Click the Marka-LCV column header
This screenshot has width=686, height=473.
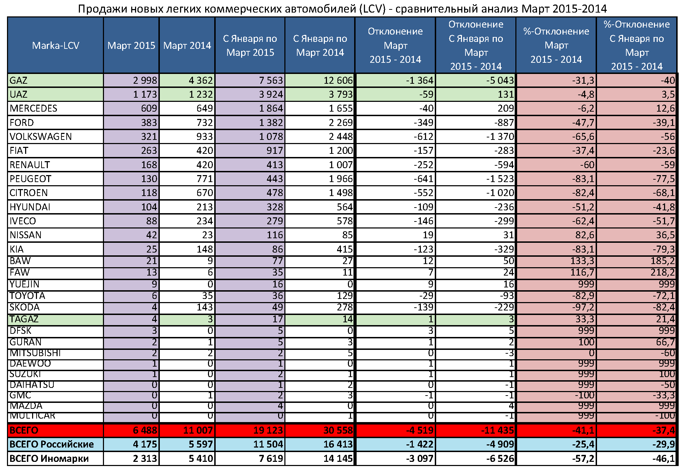(55, 45)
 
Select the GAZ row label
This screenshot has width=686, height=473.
(18, 81)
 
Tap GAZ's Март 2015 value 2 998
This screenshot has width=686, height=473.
(145, 81)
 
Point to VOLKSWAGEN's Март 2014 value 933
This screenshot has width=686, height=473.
(204, 137)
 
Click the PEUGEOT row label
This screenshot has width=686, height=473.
(30, 179)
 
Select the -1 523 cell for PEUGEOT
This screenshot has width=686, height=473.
(500, 179)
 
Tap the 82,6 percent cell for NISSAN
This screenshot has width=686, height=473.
(584, 235)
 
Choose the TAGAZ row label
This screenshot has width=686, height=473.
(24, 319)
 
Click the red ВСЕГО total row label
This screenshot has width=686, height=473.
(24, 430)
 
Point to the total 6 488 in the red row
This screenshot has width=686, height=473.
(145, 430)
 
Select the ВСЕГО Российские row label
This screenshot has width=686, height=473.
(52, 444)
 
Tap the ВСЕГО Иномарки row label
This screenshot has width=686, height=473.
(49, 459)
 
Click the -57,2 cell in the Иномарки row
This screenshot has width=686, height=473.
(583, 459)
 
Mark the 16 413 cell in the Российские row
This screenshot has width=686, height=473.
(338, 444)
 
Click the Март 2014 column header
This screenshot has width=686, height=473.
(187, 45)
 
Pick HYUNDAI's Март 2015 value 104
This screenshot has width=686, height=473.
(149, 207)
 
